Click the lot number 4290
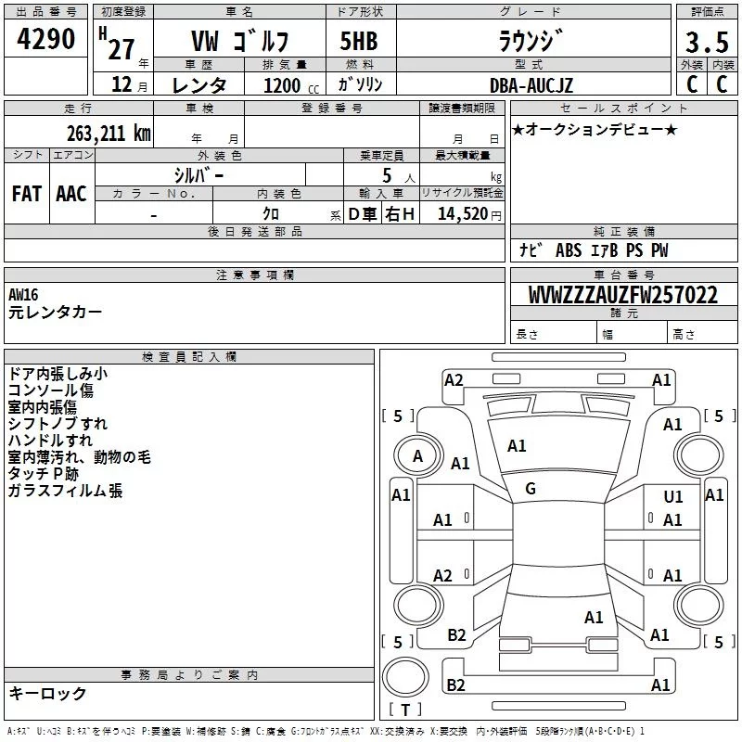coord(45,39)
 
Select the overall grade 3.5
coord(707,42)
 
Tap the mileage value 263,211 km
coord(109,134)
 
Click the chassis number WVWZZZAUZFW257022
coord(622,294)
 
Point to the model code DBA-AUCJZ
coord(531,85)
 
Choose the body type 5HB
coord(359,41)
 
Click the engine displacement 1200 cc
coord(291,85)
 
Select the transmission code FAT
coord(27,194)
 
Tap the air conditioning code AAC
coord(71,194)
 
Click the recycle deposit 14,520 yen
coord(469,214)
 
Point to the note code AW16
coord(23,295)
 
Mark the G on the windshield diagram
coord(531,489)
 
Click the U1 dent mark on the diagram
coord(673,496)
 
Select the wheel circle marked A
coord(418,455)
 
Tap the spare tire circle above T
coord(405,677)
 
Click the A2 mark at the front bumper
coord(454,380)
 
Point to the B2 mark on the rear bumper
coord(455,684)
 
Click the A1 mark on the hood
coord(517,446)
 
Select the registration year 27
coord(122,49)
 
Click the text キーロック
coord(47,693)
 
